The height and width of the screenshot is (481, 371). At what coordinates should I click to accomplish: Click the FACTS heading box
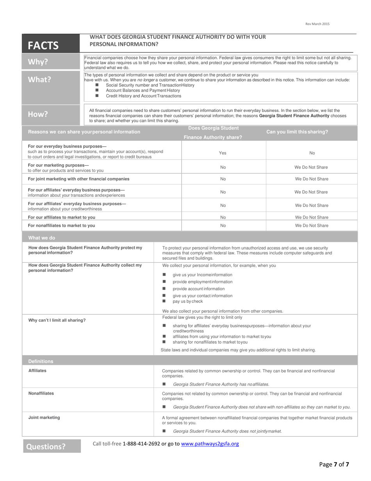coord(43,45)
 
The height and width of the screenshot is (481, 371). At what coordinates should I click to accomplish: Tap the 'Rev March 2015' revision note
coord(317,24)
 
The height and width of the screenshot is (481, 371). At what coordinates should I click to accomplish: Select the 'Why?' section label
coord(38,62)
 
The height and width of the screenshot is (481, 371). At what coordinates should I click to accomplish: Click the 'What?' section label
coord(39,79)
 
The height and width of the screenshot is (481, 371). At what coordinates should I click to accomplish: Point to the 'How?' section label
coord(38,114)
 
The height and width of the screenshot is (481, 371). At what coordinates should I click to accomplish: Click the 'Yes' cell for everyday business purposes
coord(223,153)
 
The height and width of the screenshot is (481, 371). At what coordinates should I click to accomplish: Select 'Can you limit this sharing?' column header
coord(297,132)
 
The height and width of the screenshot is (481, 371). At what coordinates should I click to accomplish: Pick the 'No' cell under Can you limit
coord(312,153)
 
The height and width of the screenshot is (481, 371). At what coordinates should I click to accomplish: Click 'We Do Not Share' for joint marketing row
coord(312,179)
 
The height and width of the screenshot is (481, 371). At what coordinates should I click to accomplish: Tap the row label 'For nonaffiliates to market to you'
coord(61,226)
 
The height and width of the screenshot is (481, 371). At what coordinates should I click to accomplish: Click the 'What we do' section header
coord(42,238)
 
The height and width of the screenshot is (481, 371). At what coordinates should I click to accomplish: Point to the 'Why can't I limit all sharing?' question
coord(57,320)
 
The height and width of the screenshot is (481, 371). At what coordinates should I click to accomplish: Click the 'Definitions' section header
coord(41,361)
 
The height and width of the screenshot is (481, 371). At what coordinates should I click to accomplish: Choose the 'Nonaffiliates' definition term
coord(41,393)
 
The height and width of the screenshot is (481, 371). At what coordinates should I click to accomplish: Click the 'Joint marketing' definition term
coord(44,418)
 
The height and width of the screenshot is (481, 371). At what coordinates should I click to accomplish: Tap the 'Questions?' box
coord(46,446)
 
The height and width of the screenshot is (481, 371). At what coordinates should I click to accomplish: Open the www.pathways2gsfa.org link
coord(210,444)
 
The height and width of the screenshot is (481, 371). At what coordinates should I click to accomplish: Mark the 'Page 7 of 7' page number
coord(334,465)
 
